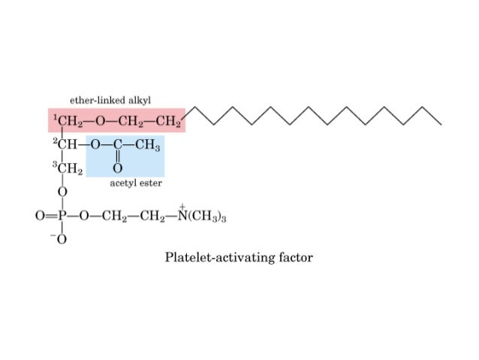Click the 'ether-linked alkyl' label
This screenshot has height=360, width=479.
click(110, 99)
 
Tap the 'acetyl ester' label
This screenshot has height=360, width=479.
click(137, 183)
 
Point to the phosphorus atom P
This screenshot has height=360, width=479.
click(63, 216)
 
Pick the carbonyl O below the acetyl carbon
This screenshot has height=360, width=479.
click(118, 169)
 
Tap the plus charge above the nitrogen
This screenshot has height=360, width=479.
click(182, 206)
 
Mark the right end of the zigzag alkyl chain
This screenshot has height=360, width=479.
click(441, 123)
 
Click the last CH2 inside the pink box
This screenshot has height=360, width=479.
click(170, 121)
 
